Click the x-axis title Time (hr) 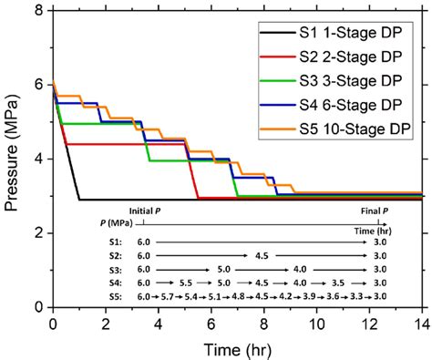[238, 349]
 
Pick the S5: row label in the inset [113, 295]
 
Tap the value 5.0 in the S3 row [222, 269]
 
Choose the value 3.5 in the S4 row [340, 283]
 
